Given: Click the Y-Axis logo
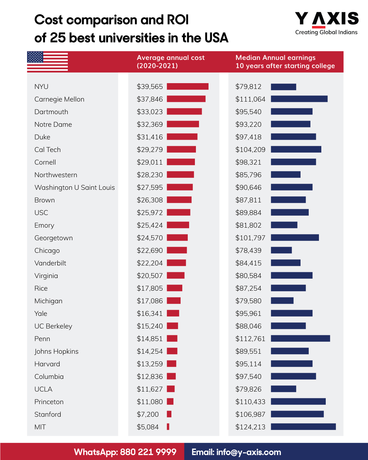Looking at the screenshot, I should [326, 23].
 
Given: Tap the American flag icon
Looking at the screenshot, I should [47, 61].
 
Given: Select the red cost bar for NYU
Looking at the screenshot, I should [187, 87].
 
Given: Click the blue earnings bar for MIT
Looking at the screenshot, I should [303, 427].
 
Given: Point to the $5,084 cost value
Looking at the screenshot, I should [148, 427].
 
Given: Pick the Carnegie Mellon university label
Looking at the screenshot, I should [59, 99].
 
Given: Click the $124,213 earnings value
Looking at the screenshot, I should [250, 427].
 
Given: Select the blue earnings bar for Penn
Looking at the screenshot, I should [300, 338].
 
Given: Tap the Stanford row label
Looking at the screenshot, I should [48, 414].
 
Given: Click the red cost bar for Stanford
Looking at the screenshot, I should [169, 414].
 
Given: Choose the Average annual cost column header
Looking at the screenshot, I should [171, 62].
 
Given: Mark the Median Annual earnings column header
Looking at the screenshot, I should [285, 62].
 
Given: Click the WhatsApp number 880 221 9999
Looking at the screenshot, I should [148, 452].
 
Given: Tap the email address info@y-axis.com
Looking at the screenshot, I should [248, 452].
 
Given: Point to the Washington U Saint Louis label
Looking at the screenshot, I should [75, 187].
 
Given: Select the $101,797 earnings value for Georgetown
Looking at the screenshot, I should [250, 238].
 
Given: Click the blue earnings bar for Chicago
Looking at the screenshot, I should [281, 250].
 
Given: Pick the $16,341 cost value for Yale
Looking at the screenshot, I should [150, 313].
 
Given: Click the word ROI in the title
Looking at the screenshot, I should [178, 20].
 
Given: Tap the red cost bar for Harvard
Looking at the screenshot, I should [171, 364].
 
